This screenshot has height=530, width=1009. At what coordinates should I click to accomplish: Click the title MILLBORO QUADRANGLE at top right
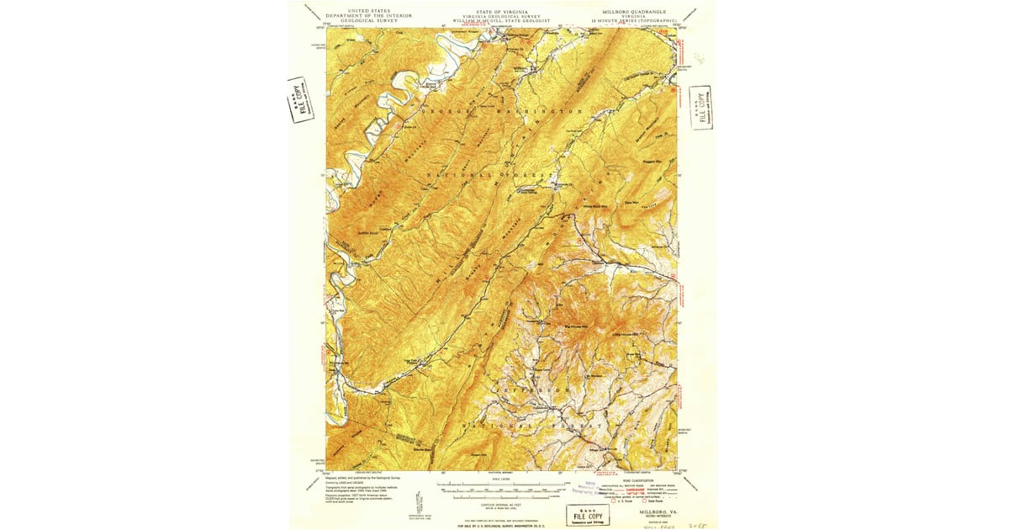tap(635, 11)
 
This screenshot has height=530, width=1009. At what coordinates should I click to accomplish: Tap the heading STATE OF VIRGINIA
tap(500, 11)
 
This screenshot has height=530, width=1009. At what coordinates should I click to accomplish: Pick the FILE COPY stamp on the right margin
tap(700, 107)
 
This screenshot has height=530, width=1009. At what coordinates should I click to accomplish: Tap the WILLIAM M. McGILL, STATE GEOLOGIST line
tap(500, 19)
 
